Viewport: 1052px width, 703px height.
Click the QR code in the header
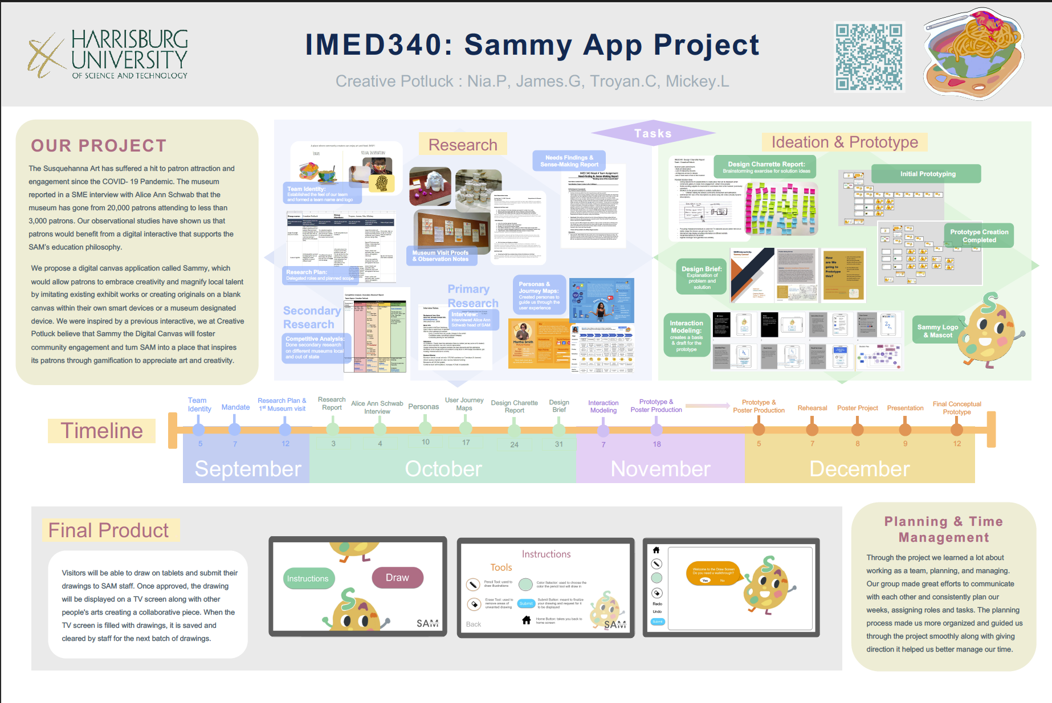[x=868, y=57]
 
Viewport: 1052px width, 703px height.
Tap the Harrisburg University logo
[x=108, y=55]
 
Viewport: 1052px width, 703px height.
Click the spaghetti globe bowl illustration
[x=973, y=54]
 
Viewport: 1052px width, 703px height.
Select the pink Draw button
[x=397, y=578]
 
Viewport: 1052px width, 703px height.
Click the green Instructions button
[x=308, y=579]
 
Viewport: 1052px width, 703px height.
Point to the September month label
[x=247, y=469]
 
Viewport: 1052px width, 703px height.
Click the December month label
[x=859, y=469]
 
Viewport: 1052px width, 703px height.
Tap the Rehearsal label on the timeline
[x=812, y=408]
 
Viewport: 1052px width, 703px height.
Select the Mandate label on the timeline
[x=235, y=407]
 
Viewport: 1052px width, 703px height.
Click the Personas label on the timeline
[x=423, y=407]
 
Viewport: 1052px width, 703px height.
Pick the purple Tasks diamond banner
[x=653, y=133]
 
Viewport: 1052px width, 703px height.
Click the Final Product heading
[x=109, y=530]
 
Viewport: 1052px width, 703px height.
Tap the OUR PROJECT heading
[x=99, y=146]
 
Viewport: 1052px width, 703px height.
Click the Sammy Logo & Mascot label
[x=937, y=331]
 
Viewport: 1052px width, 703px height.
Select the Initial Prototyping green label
[x=928, y=174]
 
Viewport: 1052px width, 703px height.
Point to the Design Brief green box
[x=702, y=277]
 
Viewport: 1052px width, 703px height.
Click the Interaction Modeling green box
[x=686, y=336]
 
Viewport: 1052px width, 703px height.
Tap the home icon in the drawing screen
[x=656, y=550]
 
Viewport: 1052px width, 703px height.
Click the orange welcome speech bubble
[x=713, y=574]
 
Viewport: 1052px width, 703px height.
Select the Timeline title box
[x=102, y=431]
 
